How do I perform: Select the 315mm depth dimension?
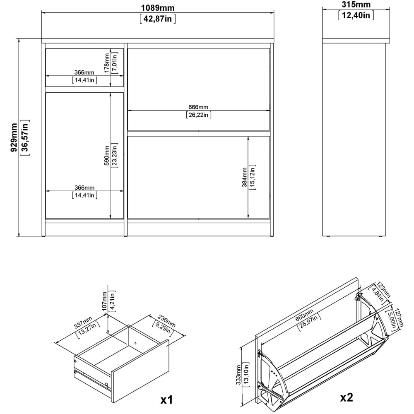tap(356, 5)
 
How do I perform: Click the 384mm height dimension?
tap(245, 177)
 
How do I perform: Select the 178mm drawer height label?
tap(107, 63)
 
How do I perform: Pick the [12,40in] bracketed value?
tap(356, 16)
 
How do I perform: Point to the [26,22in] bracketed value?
tap(199, 115)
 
